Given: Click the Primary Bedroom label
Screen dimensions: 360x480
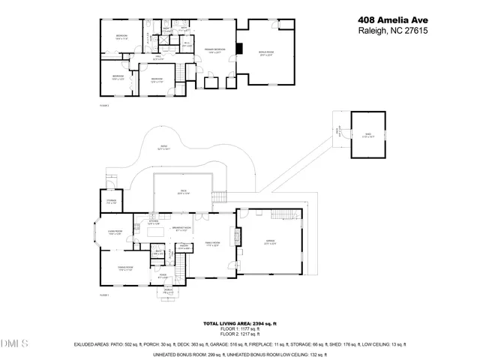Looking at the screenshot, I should pos(215,51).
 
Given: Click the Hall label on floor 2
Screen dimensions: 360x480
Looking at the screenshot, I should pos(159,57).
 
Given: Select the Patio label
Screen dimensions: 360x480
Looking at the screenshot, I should pos(162,148).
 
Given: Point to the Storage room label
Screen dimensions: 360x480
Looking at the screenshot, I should pos(111,202).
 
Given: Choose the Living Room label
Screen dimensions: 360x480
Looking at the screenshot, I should pos(115,233).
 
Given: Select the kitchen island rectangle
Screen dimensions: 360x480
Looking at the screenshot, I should pos(156,232).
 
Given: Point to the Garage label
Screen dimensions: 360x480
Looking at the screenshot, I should pos(270,242).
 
